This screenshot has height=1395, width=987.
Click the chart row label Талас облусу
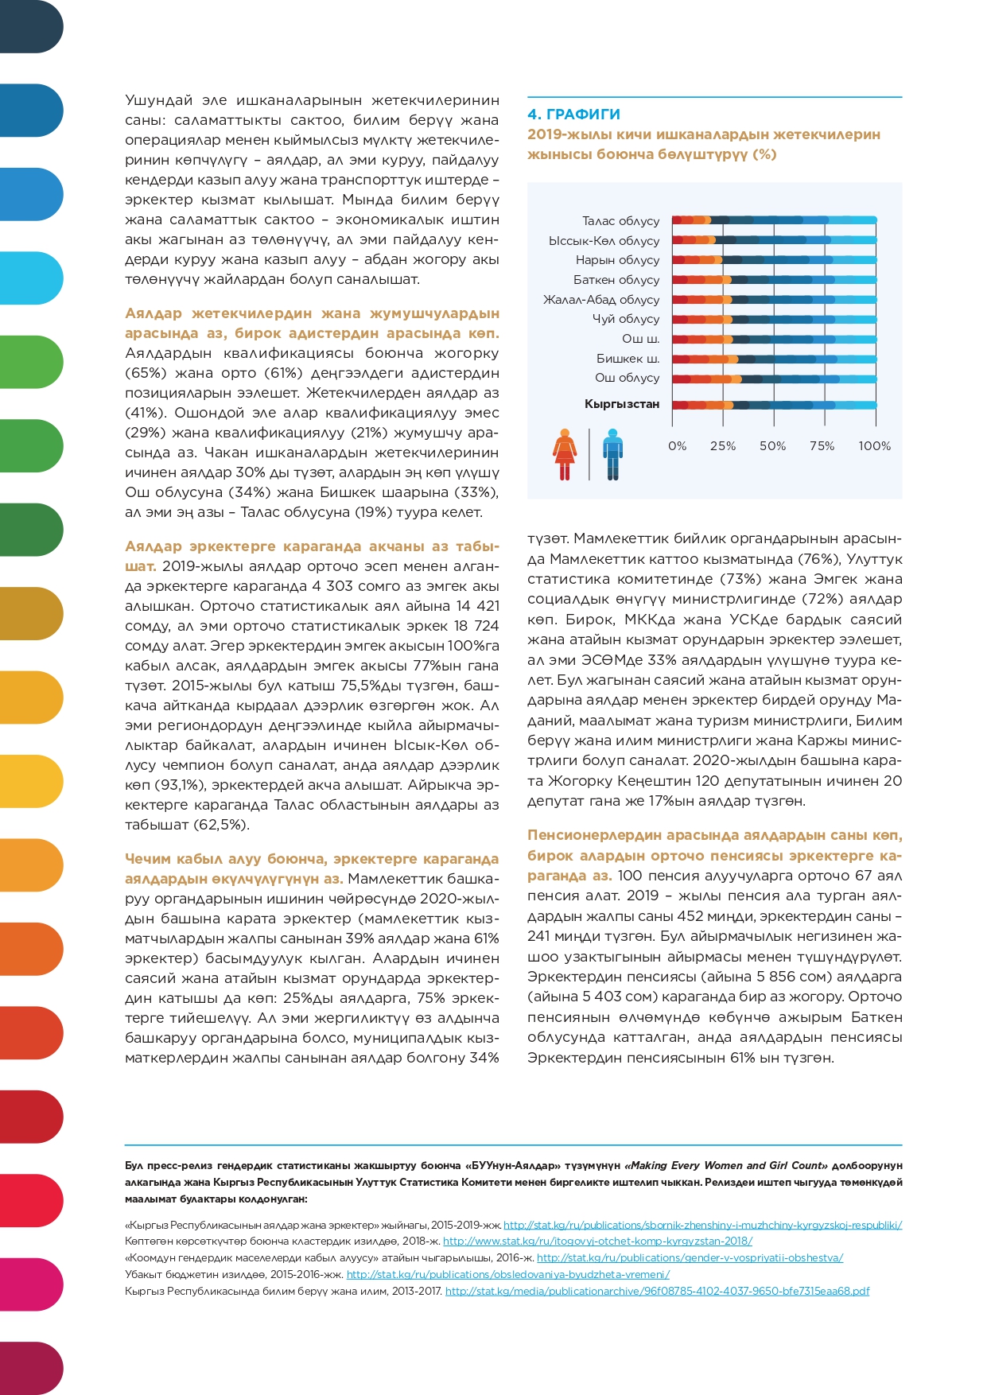tap(620, 221)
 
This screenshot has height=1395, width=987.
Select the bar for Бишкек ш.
tap(774, 359)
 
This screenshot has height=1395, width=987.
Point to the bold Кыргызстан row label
tap(621, 404)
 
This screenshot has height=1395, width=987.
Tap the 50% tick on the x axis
tap(772, 446)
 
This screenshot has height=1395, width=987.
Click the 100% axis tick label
tap(874, 446)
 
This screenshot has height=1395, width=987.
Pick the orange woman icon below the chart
tap(565, 454)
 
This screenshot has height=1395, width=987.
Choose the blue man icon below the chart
tap(612, 454)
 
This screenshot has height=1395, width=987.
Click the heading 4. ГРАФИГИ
tap(573, 115)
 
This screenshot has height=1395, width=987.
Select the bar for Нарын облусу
tap(774, 260)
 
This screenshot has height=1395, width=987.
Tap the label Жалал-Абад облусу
tap(600, 300)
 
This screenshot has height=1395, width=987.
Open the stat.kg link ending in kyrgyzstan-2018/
tap(597, 1241)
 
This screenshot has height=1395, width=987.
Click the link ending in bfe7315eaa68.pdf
tap(657, 1291)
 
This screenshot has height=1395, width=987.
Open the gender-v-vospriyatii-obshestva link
tap(690, 1257)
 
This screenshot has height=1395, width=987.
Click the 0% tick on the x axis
tap(677, 446)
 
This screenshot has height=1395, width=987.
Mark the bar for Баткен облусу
tap(774, 280)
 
